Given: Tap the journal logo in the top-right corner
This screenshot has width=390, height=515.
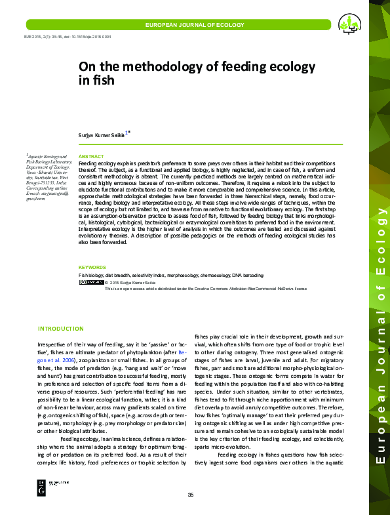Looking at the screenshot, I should (349, 25).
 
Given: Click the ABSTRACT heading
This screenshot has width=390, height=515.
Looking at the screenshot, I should (90, 156).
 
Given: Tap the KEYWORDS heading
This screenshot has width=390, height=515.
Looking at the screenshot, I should (92, 267).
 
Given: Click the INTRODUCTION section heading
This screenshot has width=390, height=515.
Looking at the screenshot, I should (60, 328).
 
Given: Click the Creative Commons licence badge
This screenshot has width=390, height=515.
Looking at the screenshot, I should (90, 282).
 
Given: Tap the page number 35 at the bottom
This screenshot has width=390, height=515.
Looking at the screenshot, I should (191, 494).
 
